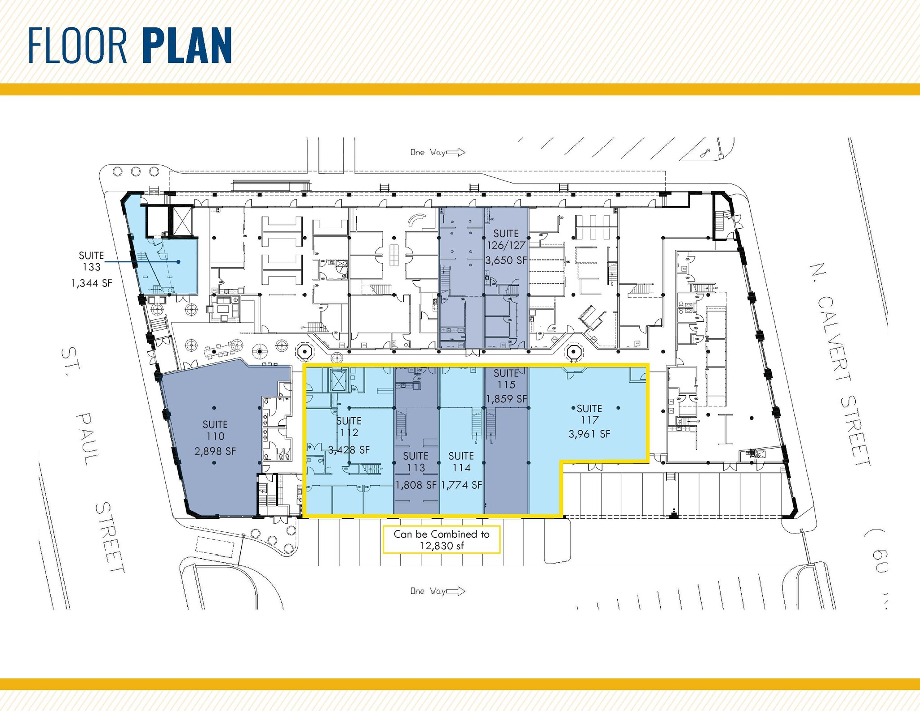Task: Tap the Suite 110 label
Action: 215,430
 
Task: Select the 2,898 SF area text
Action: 215,451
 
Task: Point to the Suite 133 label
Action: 92,261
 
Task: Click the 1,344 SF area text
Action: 92,283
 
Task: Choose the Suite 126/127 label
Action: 506,239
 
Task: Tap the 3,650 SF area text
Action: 506,260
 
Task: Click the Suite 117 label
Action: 589,414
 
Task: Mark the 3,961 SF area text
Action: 589,434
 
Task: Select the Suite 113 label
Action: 416,462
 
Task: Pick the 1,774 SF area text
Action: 461,485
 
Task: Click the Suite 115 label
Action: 506,379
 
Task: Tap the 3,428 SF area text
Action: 349,450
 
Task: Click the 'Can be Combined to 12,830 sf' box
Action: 441,539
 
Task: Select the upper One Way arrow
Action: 456,153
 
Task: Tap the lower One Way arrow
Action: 456,591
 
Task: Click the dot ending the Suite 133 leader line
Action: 179,262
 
